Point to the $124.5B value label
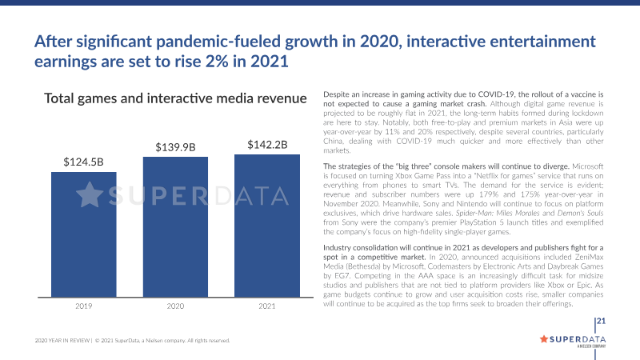click(83, 161)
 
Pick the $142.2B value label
click(266, 144)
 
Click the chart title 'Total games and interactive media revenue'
click(175, 98)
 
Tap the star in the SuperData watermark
click(90, 195)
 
